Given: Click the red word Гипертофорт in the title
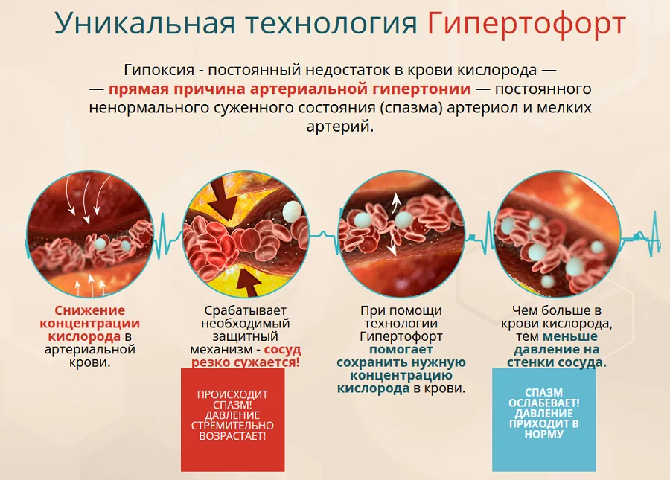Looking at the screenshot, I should pyautogui.click(x=526, y=24).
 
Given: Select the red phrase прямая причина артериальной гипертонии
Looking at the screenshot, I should pyautogui.click(x=290, y=89).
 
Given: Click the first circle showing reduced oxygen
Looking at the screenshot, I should pyautogui.click(x=90, y=234).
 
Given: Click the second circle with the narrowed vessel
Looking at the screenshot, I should pyautogui.click(x=246, y=234).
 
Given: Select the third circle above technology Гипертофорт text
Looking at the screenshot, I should pyautogui.click(x=401, y=234).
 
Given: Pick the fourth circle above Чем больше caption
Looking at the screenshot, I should pyautogui.click(x=557, y=234).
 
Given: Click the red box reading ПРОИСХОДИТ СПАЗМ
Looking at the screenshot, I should pyautogui.click(x=232, y=419).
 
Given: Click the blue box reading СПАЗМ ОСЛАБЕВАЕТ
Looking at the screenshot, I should pyautogui.click(x=543, y=419).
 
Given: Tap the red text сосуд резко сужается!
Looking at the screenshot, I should pyautogui.click(x=246, y=356).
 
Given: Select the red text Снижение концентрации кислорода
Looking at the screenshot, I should pyautogui.click(x=90, y=324).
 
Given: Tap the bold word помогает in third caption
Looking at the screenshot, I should pyautogui.click(x=401, y=350).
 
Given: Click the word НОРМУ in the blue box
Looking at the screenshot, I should pyautogui.click(x=543, y=433).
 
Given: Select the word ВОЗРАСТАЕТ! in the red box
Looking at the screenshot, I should pyautogui.click(x=232, y=436).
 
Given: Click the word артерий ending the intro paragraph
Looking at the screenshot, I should pyautogui.click(x=339, y=127).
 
